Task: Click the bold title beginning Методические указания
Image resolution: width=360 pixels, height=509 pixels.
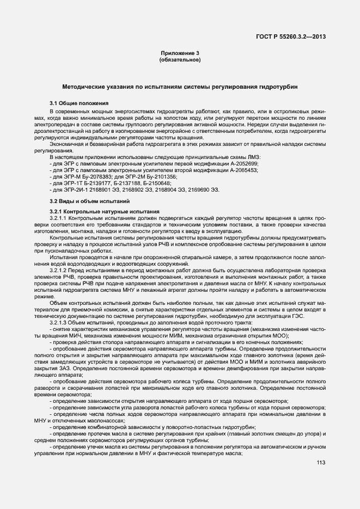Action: point(180,87)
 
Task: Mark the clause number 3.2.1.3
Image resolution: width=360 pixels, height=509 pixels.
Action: point(60,322)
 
